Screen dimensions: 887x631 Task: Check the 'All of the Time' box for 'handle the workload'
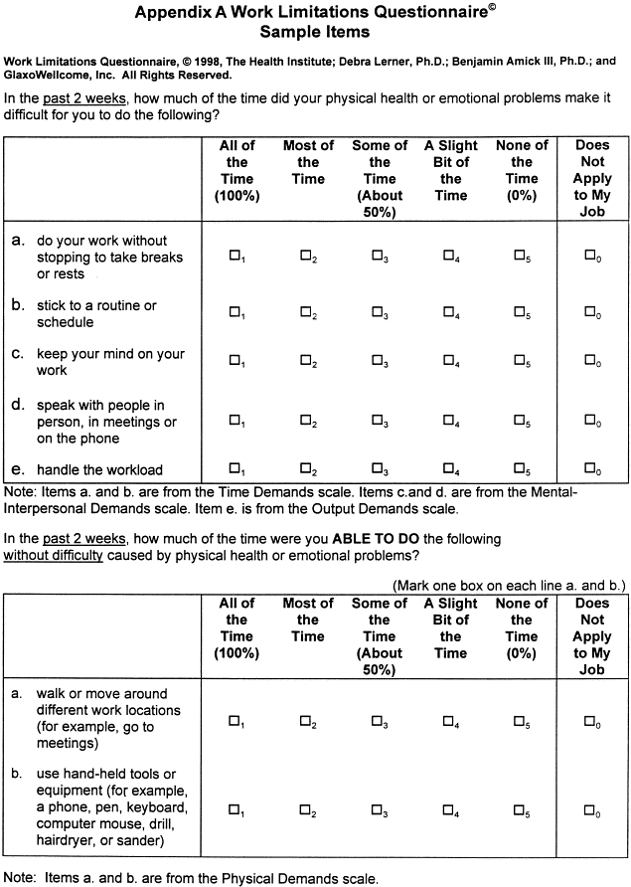click(236, 467)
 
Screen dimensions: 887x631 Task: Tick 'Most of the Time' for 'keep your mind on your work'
click(306, 360)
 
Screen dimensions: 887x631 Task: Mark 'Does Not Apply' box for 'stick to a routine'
click(589, 311)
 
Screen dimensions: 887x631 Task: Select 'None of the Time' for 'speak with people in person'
click(520, 420)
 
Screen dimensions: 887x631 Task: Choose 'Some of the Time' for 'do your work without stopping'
click(378, 255)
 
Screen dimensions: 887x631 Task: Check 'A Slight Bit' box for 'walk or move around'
click(449, 721)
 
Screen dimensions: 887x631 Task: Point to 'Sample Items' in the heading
click(316, 32)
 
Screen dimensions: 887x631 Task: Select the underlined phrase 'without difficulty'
click(54, 555)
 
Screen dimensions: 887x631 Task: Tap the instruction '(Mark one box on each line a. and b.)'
click(508, 585)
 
